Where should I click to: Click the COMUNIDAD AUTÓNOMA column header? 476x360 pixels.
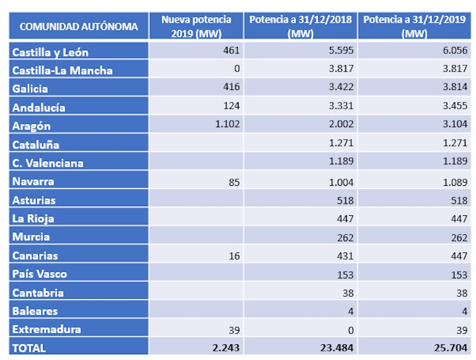pos(79,27)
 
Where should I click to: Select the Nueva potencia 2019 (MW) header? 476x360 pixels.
pos(197,27)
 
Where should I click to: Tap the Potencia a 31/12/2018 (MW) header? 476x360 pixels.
pos(301,27)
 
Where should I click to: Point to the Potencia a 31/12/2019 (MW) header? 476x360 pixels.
pos(414,27)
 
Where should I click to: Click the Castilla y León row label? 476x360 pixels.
pos(50,52)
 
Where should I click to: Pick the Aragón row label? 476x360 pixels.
pos(32,126)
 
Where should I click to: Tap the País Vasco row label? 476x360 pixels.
pos(40,274)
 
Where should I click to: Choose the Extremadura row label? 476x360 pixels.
pos(46,329)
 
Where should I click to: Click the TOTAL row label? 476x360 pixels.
pos(29,348)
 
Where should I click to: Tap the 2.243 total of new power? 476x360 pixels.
pos(226,348)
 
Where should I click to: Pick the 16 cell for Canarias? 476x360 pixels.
pos(234,255)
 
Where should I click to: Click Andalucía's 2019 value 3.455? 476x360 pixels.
pos(454,106)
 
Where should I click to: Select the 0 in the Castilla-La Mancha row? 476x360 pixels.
pos(237,69)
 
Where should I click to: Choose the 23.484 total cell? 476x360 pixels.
pos(336,348)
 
